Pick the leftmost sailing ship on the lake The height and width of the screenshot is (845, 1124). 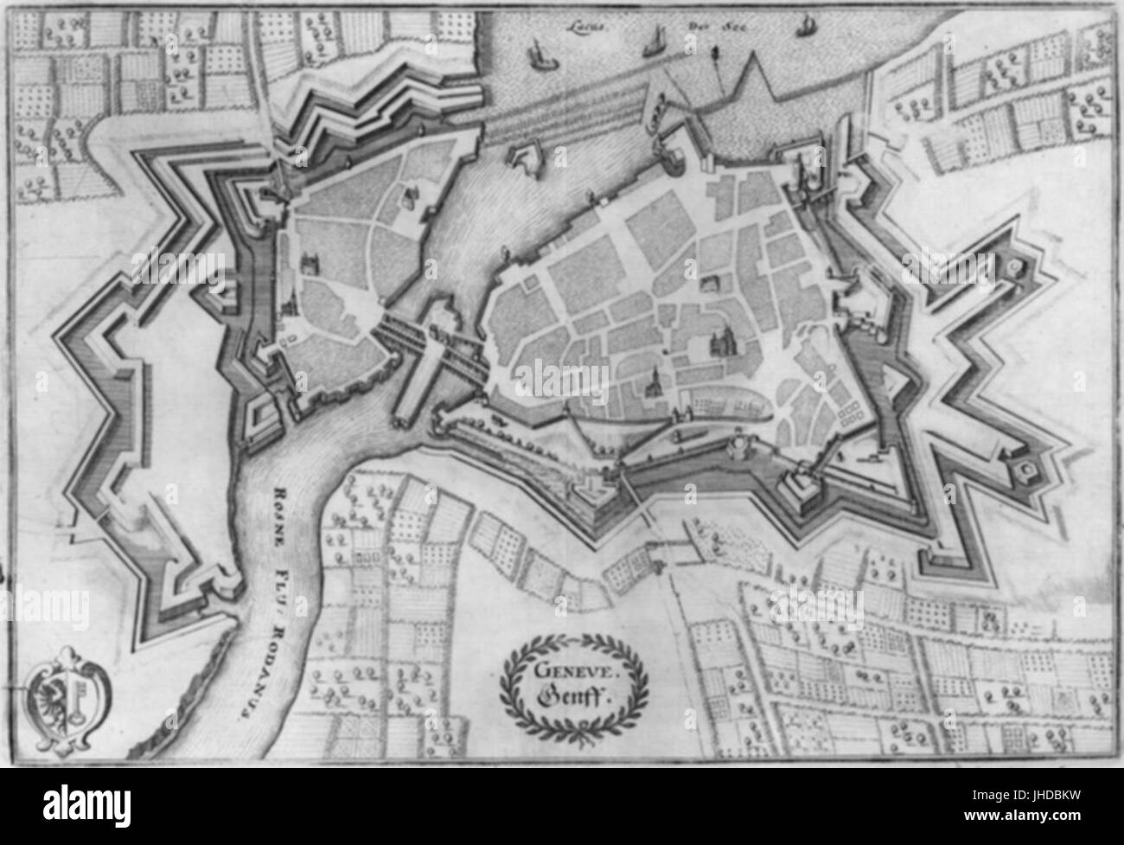pyautogui.click(x=540, y=54)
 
